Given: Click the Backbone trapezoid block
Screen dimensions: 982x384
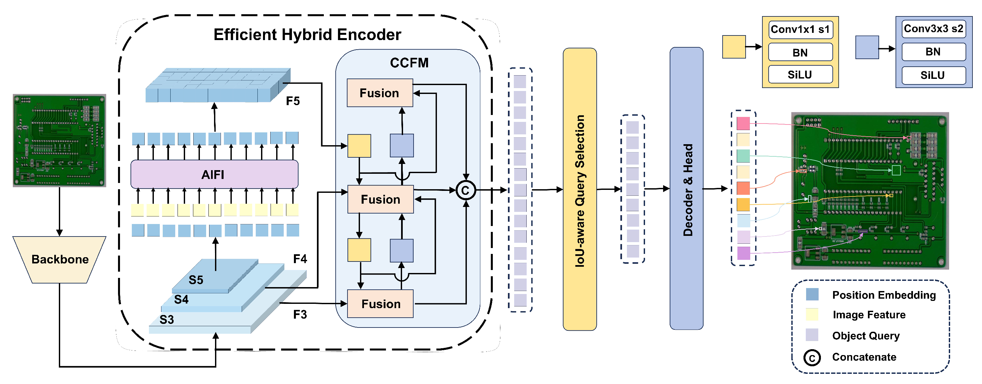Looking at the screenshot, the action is [60, 260].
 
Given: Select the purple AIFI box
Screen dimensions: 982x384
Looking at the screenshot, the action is [214, 174].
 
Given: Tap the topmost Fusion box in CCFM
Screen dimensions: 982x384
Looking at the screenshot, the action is [380, 93].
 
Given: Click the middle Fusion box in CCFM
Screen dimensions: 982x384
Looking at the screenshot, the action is [380, 199].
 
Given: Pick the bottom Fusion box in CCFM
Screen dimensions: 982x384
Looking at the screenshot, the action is [380, 304].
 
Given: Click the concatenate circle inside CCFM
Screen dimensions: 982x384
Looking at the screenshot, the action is [466, 190].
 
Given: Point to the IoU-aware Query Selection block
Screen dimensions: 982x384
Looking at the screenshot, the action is [580, 189].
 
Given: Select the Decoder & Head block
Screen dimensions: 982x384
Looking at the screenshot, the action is [686, 189].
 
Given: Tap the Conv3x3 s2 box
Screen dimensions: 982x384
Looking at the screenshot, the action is [934, 29].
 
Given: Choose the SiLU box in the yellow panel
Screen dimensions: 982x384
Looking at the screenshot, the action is [801, 74].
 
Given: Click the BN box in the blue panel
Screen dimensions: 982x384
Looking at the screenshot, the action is [934, 52].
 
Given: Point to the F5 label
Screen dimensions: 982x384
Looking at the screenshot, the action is [293, 101].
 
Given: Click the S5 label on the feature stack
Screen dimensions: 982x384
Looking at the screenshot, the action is [196, 280].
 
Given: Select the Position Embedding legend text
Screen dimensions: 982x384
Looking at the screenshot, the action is [884, 295].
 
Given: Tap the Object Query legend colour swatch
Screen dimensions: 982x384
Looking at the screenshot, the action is [812, 335].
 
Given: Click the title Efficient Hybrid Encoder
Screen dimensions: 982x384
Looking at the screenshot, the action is [307, 35].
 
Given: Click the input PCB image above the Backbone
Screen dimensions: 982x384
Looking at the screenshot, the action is [60, 141].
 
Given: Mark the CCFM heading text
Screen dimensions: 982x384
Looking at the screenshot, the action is [409, 63].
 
